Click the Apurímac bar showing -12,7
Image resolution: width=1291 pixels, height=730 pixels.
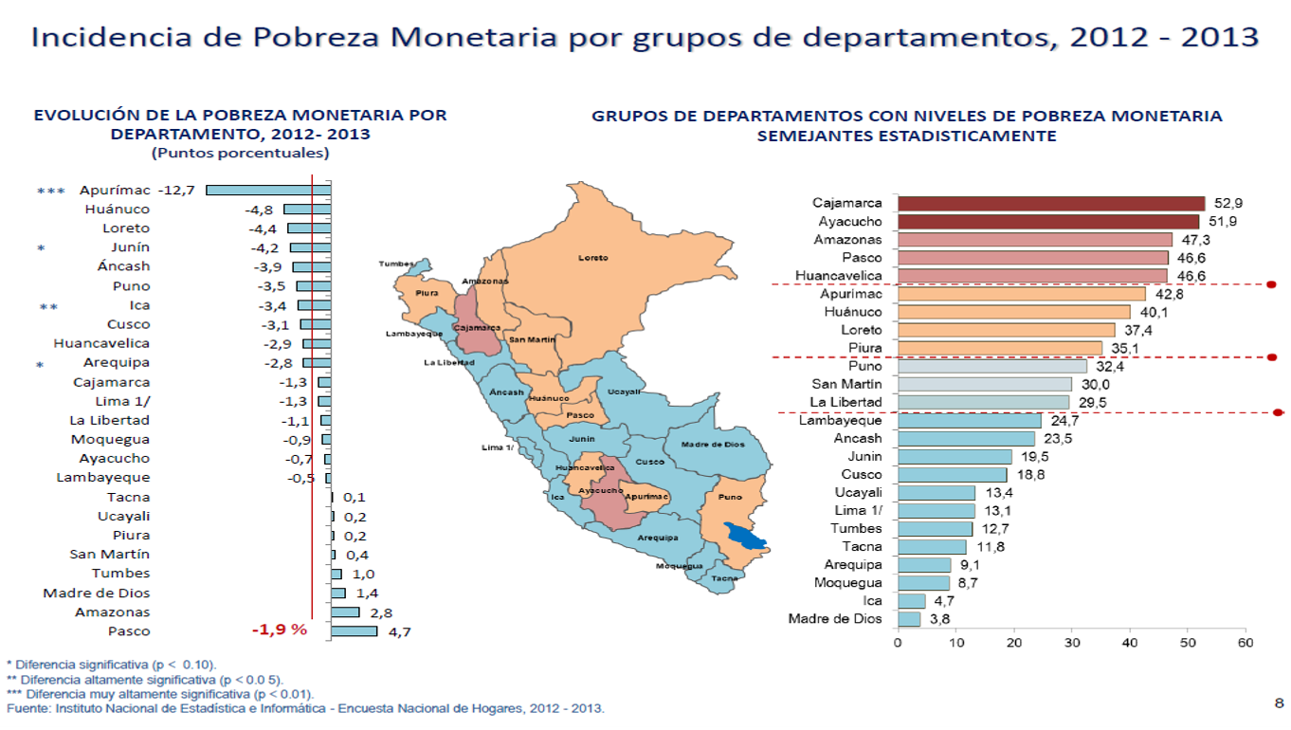click(x=268, y=191)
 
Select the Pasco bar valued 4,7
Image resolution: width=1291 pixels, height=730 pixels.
click(x=354, y=631)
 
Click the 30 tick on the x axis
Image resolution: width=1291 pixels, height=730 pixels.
click(x=1071, y=644)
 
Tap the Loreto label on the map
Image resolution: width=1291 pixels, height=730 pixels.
click(x=593, y=258)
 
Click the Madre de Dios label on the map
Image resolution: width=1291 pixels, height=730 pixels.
click(x=713, y=444)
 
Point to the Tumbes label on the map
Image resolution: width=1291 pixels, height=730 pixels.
click(x=395, y=264)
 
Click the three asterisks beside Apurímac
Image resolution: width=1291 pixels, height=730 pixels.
click(x=51, y=191)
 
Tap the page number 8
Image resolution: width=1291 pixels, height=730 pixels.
click(x=1279, y=703)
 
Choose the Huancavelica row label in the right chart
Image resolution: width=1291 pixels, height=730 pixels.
click(x=839, y=276)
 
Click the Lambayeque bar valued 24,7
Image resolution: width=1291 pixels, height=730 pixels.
click(x=969, y=420)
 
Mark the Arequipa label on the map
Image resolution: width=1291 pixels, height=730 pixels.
click(x=657, y=538)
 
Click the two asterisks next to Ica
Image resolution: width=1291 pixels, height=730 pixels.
click(x=48, y=306)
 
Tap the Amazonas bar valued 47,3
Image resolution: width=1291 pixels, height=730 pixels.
click(x=1034, y=240)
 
